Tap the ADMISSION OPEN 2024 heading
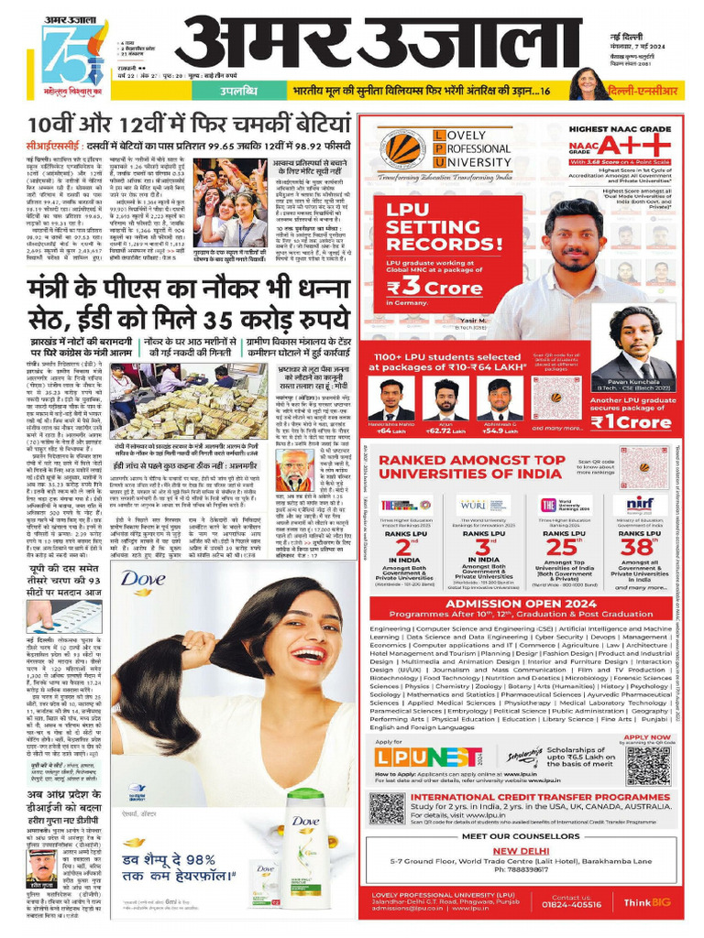click(x=522, y=604)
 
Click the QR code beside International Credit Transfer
click(x=387, y=808)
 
